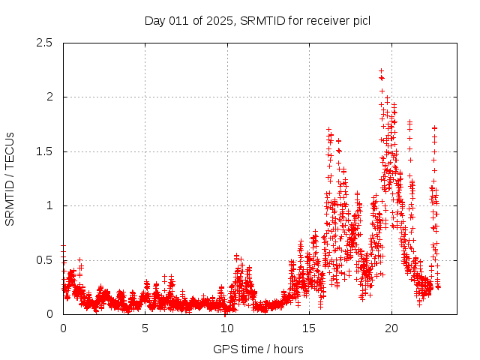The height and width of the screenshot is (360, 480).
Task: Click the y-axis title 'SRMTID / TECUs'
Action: point(10,178)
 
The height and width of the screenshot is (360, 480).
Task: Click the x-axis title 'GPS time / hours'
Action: point(258,349)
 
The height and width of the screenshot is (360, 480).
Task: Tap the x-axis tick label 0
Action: point(63,328)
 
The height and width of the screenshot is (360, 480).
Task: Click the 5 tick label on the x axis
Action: point(145,328)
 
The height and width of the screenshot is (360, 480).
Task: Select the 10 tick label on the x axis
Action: point(227,328)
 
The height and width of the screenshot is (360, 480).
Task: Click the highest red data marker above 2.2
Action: point(381,71)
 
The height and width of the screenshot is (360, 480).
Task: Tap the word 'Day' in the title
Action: point(154,19)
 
